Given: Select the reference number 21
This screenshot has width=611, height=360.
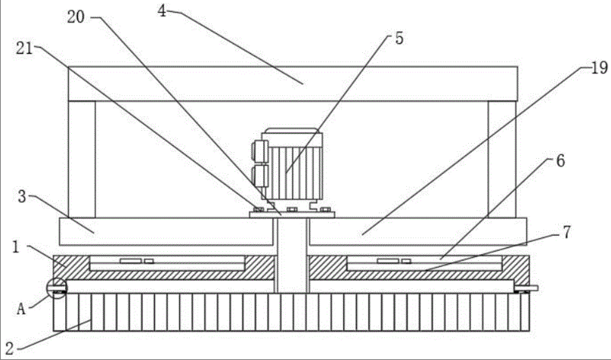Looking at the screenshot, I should [24, 49].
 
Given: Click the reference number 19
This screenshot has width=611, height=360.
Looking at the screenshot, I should [598, 67].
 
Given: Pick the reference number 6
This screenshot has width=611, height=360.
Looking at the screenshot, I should [560, 160].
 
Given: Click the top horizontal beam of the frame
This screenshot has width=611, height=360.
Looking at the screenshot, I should [293, 83].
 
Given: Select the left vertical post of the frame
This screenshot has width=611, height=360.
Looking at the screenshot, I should [82, 158].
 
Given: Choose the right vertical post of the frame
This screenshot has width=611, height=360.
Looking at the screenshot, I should [501, 158].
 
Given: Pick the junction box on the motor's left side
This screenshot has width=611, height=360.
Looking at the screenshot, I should [259, 163].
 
